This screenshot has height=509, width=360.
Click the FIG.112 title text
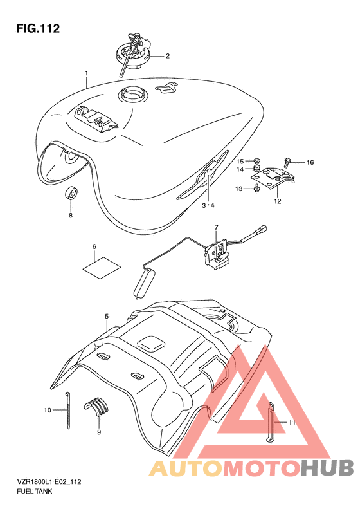point(39,28)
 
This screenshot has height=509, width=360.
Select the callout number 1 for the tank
point(87,74)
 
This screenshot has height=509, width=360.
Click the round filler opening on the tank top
point(132,95)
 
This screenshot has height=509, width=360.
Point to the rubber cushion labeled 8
point(71,194)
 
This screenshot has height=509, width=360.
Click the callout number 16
point(310,162)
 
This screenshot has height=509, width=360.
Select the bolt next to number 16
point(287,162)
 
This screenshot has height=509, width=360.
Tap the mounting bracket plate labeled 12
point(273,178)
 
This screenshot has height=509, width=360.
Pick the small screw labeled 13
point(257,188)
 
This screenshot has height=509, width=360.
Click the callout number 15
point(240,161)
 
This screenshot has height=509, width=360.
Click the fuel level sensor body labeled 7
point(217,252)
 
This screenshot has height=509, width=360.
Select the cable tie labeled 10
point(68,411)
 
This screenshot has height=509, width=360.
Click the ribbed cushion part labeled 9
point(96,406)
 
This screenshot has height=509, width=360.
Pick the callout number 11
point(292,422)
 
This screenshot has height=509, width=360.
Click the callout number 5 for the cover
point(107,316)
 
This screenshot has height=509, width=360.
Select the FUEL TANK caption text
point(34,491)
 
